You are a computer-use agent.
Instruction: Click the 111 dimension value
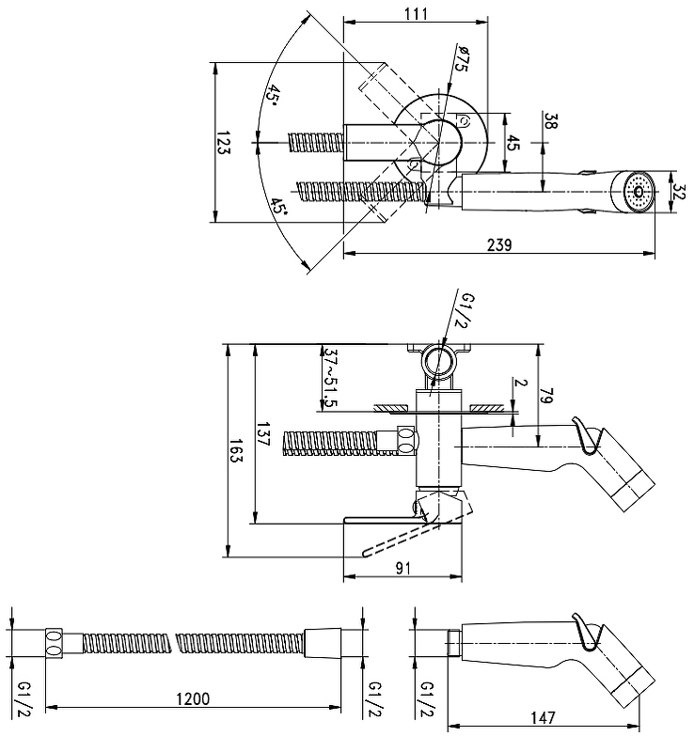coord(416,13)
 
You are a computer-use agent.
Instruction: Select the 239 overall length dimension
coord(499,245)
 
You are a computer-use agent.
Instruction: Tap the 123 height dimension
coord(223,145)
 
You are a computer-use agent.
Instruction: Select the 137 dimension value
coord(264,436)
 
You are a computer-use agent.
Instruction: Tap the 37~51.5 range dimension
coord(329,376)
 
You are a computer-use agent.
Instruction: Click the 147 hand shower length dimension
coord(544,717)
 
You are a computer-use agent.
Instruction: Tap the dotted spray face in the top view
coord(639,193)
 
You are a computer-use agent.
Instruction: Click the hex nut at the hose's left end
coord(55,643)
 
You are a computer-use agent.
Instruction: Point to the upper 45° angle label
coord(272,94)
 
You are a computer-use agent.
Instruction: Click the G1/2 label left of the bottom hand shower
coord(426,698)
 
